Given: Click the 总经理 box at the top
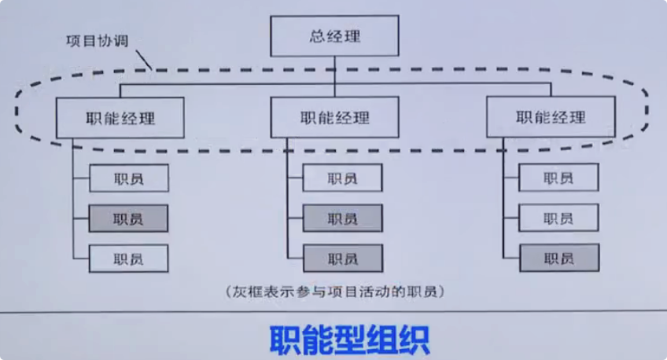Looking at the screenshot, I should [x=334, y=36].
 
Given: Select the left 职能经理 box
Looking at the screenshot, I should [x=120, y=118].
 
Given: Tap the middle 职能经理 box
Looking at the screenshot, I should [x=334, y=118].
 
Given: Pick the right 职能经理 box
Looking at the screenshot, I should [x=551, y=118].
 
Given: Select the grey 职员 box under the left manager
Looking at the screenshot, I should [x=128, y=219].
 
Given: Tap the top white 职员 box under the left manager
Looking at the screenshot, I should [x=128, y=178].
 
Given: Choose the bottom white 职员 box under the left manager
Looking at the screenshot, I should [x=128, y=258].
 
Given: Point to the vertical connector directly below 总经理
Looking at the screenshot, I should [x=334, y=69].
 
